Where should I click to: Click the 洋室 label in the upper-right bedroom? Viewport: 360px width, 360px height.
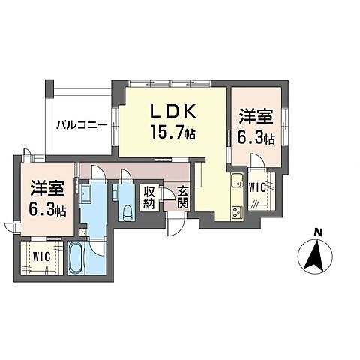[x=255, y=118]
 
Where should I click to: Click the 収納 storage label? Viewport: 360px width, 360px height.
[x=149, y=197]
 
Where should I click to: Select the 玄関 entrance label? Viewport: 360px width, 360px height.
[x=182, y=197]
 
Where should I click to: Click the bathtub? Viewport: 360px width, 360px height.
[x=76, y=257]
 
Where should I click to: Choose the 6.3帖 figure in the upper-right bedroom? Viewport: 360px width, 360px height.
[x=256, y=138]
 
